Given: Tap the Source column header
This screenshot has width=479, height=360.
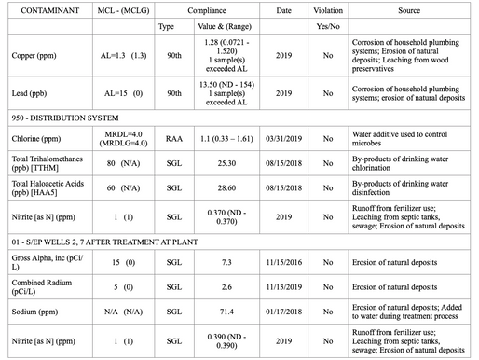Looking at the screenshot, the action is pos(407,9).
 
